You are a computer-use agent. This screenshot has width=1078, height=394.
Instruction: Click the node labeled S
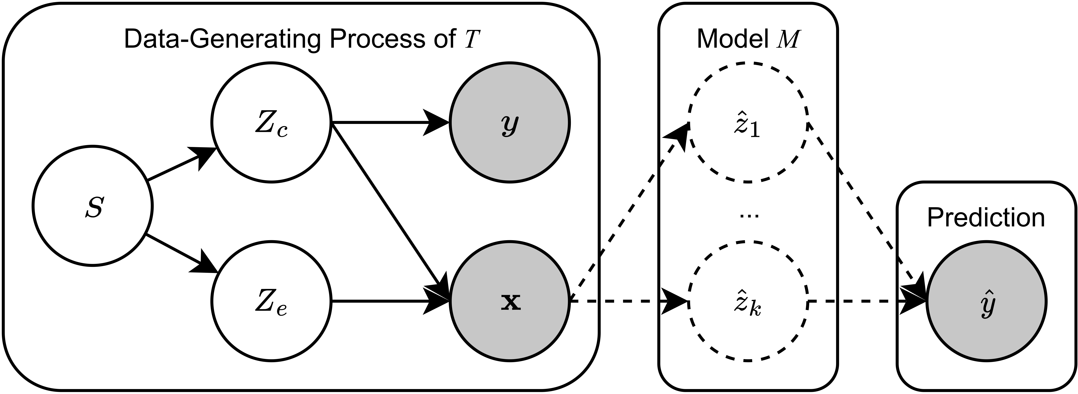[x=92, y=206]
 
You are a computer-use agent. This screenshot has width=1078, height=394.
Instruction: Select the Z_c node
[x=271, y=123]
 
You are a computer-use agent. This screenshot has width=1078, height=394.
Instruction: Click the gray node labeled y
[x=509, y=123]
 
